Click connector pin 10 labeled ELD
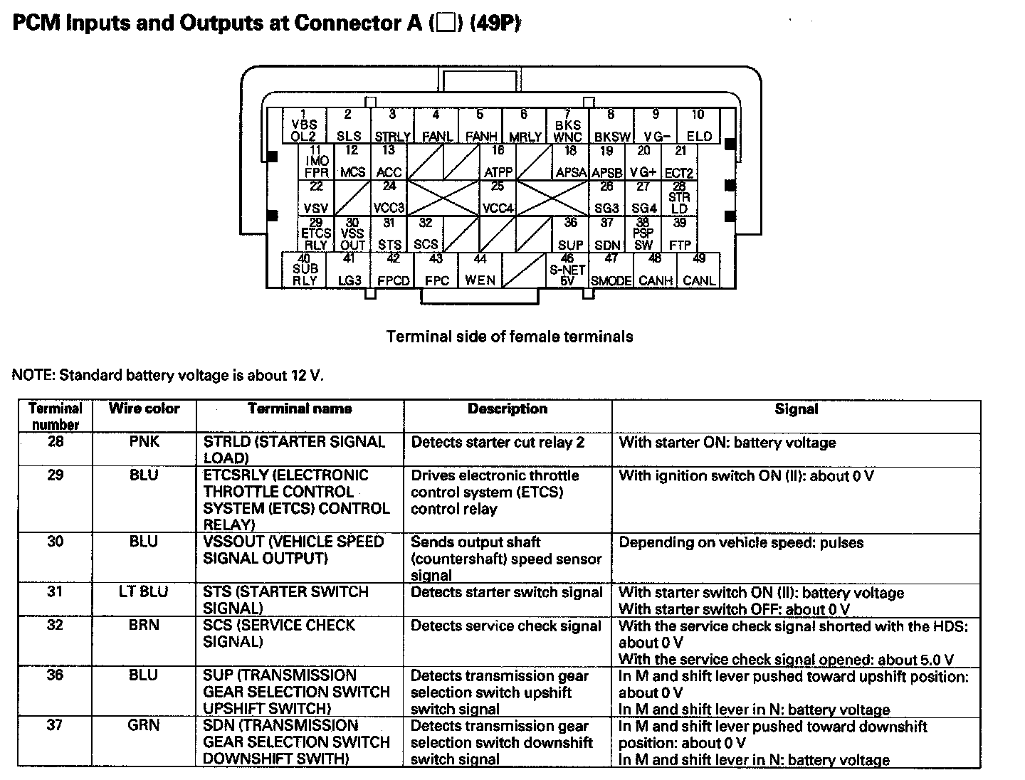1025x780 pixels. [x=698, y=126]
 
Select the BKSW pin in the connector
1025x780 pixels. [x=611, y=126]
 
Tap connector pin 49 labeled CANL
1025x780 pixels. [x=699, y=270]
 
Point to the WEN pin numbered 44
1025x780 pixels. [x=480, y=270]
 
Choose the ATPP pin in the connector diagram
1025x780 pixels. [x=498, y=162]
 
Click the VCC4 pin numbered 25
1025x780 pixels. [x=498, y=198]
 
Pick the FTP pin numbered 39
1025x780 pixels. [x=680, y=234]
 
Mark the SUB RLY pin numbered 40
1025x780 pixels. [x=305, y=270]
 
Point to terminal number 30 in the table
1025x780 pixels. [x=56, y=542]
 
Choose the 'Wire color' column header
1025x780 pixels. [x=144, y=409]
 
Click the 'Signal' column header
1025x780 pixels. [x=796, y=409]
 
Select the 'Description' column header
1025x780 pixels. [x=508, y=409]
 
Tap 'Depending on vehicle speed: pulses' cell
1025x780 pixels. [x=741, y=542]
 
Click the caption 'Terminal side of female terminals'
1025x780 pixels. [x=510, y=336]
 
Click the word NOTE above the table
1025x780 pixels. [x=33, y=375]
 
